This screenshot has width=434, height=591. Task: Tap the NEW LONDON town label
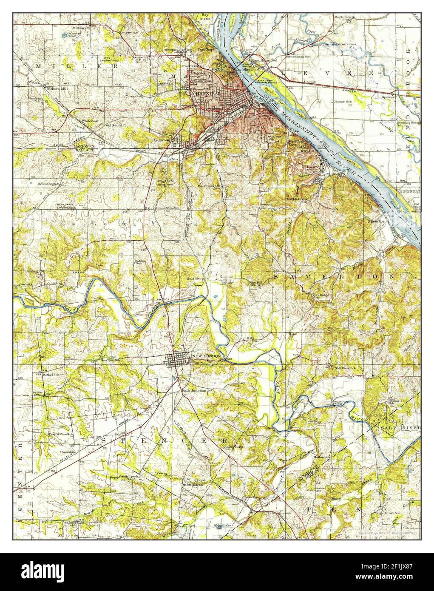click(x=207, y=355)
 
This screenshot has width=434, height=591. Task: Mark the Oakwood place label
click(x=162, y=139)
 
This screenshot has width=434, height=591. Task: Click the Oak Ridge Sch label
click(x=321, y=296)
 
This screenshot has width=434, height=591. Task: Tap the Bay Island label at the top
click(x=206, y=17)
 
